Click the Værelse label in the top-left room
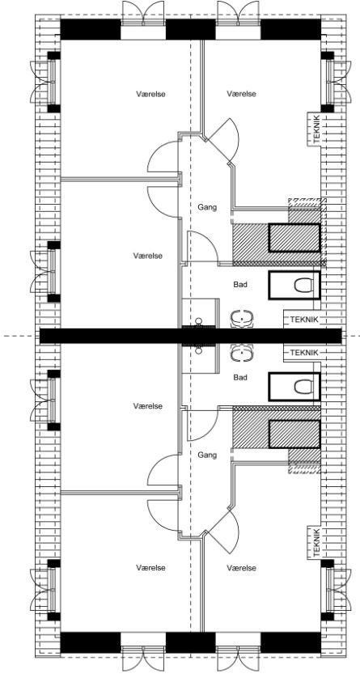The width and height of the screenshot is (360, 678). click(x=151, y=93)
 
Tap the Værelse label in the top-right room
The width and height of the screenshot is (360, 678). click(x=241, y=93)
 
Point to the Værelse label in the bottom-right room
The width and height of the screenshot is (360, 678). click(x=241, y=567)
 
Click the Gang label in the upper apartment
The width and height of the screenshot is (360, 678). click(x=207, y=208)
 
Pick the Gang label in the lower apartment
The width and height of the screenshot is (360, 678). click(x=207, y=455)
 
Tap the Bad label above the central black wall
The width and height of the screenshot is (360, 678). click(x=240, y=285)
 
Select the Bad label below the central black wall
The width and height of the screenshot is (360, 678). click(x=240, y=378)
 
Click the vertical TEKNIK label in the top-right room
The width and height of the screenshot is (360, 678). click(x=316, y=129)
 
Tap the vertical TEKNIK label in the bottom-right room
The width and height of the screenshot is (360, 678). click(x=316, y=542)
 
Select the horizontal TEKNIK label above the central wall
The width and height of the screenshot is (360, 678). click(x=304, y=320)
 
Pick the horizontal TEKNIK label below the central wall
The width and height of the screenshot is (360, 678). click(x=304, y=353)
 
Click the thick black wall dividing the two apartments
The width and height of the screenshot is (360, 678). click(x=191, y=336)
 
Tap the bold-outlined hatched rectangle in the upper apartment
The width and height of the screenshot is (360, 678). click(x=294, y=238)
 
